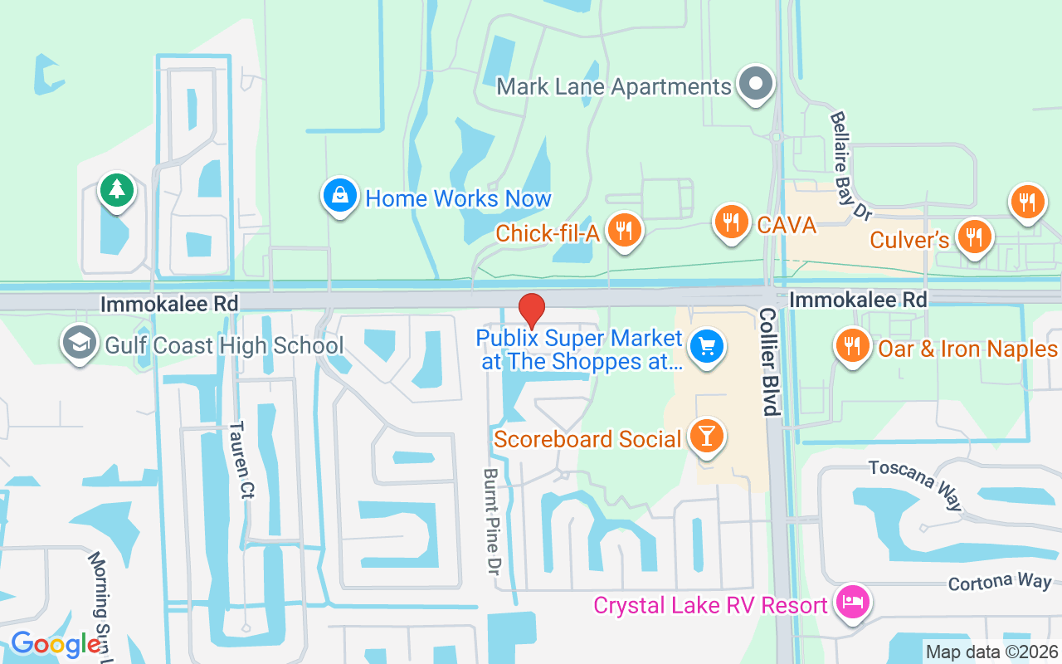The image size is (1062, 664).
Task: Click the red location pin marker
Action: (x=531, y=310)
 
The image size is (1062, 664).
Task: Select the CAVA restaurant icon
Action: (x=731, y=222)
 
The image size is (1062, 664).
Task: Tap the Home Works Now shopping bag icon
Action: (x=340, y=197)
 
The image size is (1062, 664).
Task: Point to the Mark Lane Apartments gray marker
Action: (x=755, y=85)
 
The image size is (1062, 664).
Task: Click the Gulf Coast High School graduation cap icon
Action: (x=80, y=344)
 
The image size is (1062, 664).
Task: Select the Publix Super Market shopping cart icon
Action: (x=706, y=347)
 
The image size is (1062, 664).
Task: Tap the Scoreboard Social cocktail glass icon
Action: (x=707, y=437)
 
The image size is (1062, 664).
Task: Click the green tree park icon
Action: (x=117, y=190)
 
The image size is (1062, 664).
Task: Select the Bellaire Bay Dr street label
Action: (x=851, y=166)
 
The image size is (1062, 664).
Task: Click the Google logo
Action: (x=55, y=644)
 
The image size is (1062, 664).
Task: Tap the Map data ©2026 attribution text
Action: (x=991, y=652)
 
